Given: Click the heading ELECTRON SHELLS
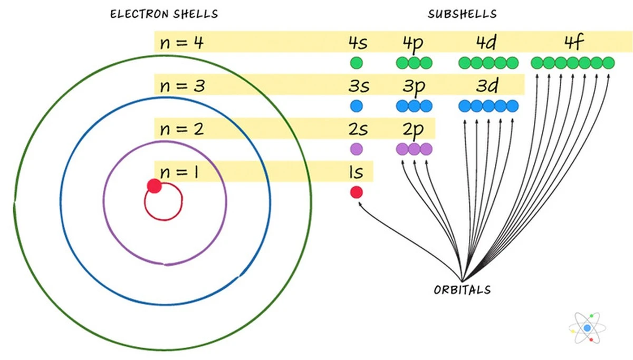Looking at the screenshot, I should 164,14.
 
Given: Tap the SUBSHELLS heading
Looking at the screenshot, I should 462,14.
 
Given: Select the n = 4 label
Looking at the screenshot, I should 181,42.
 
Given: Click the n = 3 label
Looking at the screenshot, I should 181,85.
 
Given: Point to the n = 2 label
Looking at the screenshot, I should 181,129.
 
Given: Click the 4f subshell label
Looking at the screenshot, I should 573,42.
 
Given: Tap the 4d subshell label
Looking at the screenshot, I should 486,42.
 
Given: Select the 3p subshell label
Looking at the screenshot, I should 413,86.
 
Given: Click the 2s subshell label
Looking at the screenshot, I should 357,129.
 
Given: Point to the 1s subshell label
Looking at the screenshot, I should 356,171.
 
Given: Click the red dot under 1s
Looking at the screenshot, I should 357,192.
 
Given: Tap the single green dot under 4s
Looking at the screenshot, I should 357,63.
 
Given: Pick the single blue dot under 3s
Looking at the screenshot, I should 357,106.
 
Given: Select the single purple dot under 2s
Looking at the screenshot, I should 357,149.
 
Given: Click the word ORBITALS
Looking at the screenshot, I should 462,289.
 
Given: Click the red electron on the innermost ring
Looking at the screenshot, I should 154,186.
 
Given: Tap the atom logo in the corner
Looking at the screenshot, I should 587,328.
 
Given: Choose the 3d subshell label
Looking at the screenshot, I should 486,85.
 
